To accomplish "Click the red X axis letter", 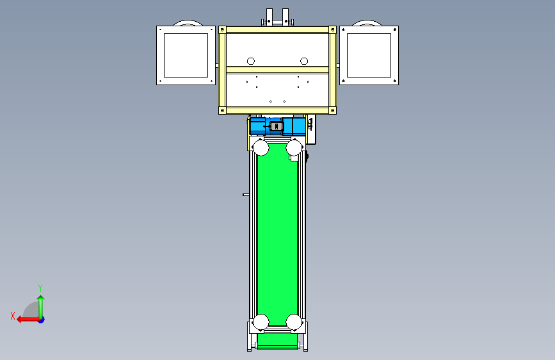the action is (13, 316).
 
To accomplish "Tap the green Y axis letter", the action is (40, 288).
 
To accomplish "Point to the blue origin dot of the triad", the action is (42, 320).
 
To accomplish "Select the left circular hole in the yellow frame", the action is (250, 61).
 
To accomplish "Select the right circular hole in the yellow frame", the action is (304, 61).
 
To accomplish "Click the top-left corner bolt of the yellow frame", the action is (222, 29).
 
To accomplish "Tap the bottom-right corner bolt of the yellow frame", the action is (332, 111).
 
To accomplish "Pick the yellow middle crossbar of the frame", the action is (278, 70).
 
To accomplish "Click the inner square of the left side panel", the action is (186, 55).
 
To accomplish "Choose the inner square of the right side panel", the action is (369, 55).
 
